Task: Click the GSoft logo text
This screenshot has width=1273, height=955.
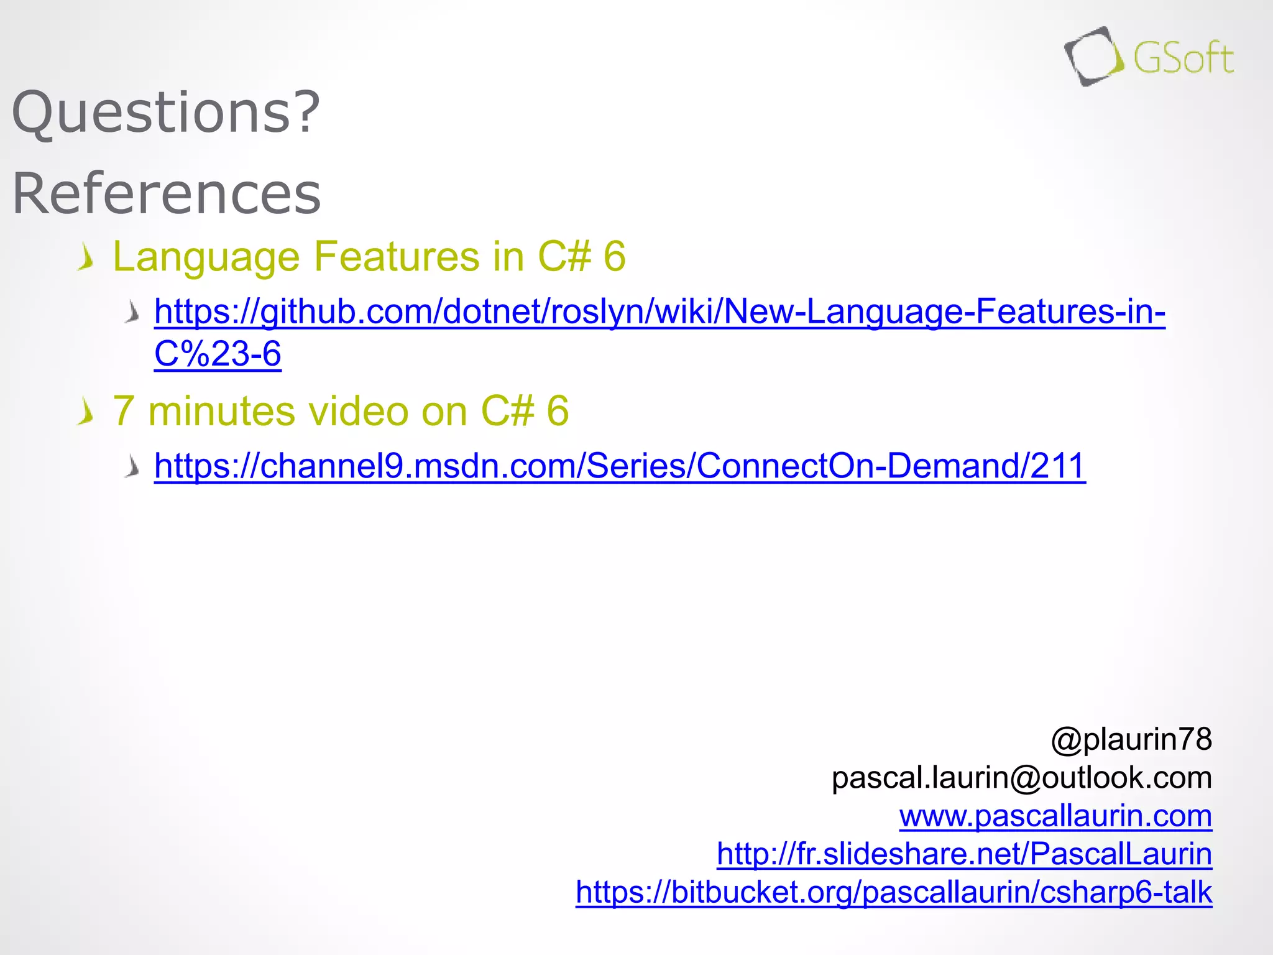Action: pos(1183,59)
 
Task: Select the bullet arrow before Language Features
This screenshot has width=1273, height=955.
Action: pos(86,257)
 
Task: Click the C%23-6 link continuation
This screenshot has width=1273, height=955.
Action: pos(218,354)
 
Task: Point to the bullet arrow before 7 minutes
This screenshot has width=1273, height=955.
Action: pos(86,412)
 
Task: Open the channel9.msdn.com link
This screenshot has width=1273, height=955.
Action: pos(620,466)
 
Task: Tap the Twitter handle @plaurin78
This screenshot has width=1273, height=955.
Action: pos(1131,739)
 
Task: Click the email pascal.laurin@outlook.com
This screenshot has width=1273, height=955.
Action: pos(1021,777)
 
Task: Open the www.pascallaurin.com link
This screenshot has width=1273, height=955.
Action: pos(1055,816)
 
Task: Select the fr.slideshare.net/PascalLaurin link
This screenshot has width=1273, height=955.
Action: pos(964,854)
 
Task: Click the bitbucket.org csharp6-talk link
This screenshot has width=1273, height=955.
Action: pos(893,892)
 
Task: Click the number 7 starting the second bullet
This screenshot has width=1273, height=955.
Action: pos(123,411)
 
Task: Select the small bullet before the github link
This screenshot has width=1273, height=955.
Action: pos(132,311)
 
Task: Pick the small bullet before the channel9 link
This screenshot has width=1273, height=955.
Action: pos(132,466)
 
